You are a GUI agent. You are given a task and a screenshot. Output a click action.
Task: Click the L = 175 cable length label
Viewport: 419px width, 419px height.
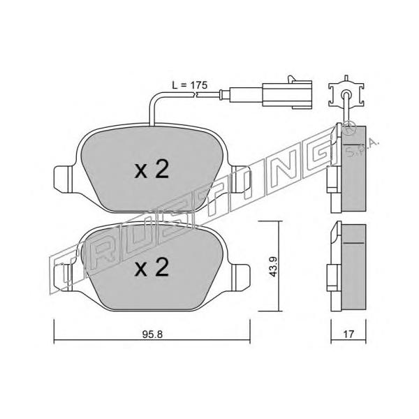[x=189, y=85]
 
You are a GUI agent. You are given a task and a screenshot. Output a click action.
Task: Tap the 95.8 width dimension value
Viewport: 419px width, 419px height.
[x=152, y=335]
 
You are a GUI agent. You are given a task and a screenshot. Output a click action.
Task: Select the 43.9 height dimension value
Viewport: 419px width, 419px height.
[x=273, y=267]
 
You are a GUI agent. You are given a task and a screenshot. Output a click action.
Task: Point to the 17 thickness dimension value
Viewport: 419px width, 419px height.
[x=348, y=334]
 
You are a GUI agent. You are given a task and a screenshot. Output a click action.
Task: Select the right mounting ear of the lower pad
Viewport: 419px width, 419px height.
[x=241, y=277]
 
